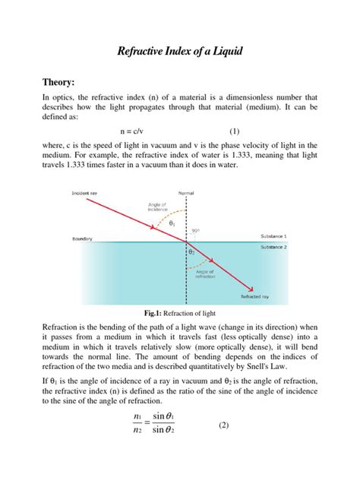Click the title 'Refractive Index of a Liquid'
(x=179, y=52)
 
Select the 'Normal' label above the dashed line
(x=185, y=194)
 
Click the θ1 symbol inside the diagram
(x=171, y=223)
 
